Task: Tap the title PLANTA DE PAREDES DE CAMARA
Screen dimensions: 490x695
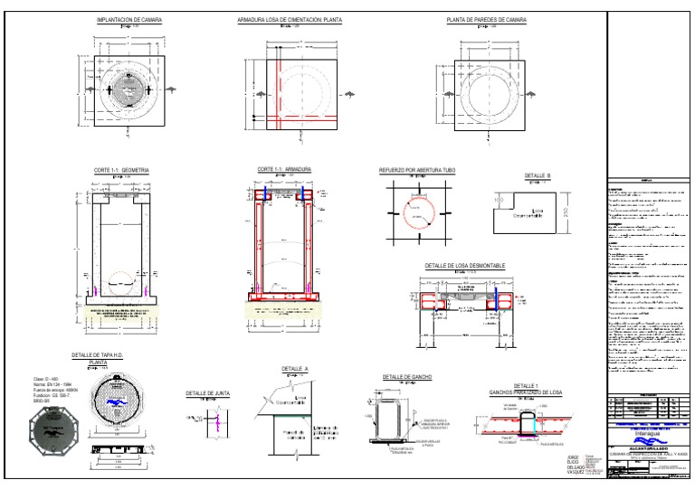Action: pyautogui.click(x=487, y=19)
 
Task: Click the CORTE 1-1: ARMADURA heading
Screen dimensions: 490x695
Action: pyautogui.click(x=284, y=168)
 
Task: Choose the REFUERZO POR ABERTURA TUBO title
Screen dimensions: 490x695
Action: pyautogui.click(x=418, y=169)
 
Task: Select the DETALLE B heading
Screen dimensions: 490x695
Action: pyautogui.click(x=538, y=176)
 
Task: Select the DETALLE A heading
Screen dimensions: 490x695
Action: pyautogui.click(x=295, y=369)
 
